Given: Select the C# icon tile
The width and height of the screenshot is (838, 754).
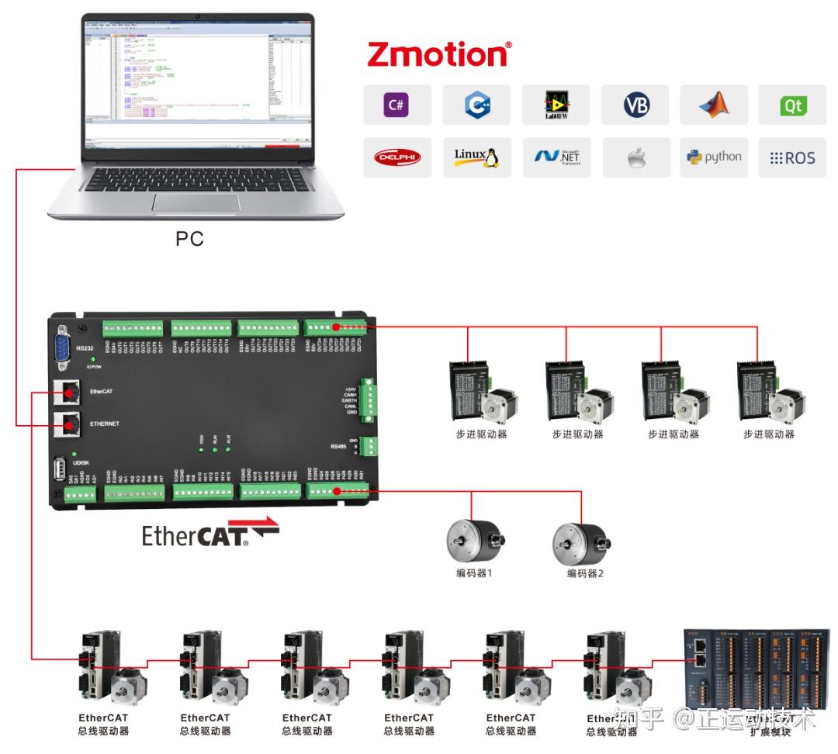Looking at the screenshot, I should [x=396, y=105].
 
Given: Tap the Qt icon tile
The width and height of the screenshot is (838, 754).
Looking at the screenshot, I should [x=792, y=105].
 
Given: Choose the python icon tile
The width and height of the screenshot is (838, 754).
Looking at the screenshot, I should [x=714, y=157].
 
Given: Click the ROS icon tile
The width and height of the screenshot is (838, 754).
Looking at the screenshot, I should [x=792, y=157].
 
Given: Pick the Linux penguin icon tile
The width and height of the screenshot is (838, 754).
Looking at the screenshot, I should [x=476, y=157].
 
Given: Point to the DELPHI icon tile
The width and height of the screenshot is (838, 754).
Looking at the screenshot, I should [x=396, y=157].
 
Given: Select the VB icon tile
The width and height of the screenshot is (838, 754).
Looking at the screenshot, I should [x=635, y=105].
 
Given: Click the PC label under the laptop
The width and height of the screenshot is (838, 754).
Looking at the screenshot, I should [x=189, y=239].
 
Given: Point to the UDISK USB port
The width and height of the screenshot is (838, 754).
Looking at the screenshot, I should [x=60, y=470].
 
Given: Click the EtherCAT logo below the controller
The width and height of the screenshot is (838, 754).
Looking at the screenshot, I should [x=209, y=534].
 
